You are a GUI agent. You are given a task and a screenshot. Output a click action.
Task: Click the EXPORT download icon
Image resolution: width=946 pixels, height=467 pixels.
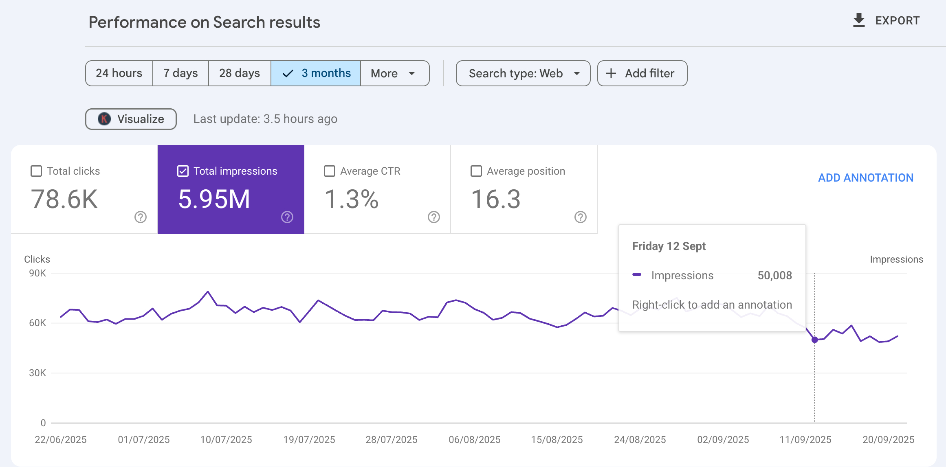tap(859, 20)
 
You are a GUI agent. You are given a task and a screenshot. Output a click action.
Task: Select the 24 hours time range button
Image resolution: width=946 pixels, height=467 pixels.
tap(119, 73)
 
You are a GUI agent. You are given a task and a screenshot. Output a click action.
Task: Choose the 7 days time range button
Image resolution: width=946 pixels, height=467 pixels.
tap(180, 73)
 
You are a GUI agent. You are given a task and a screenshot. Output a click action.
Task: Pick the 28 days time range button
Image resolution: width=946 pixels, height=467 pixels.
tap(240, 73)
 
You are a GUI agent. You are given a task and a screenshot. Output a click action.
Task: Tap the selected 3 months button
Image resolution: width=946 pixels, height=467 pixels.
tap(316, 73)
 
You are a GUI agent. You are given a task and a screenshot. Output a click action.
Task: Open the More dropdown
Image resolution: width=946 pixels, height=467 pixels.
tap(394, 73)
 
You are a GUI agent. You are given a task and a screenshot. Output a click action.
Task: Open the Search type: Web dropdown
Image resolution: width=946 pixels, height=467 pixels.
tap(523, 73)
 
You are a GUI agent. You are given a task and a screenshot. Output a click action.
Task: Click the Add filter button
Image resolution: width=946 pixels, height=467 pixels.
tap(642, 73)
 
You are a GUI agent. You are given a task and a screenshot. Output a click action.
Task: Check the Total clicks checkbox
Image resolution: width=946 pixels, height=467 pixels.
tap(36, 171)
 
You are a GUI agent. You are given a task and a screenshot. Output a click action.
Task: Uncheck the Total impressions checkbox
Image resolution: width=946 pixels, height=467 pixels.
tap(183, 171)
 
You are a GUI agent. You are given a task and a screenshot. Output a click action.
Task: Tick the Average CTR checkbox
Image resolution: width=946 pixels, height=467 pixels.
tap(330, 171)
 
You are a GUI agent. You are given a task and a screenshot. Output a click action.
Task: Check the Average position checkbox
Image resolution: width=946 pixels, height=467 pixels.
tap(476, 171)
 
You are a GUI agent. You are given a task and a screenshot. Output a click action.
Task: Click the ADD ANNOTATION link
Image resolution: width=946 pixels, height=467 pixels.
tap(866, 178)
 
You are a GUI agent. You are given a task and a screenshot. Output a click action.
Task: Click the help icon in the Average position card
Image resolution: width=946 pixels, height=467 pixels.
tap(581, 217)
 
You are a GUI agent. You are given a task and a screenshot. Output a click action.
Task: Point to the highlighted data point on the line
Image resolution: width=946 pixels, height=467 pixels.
tap(815, 340)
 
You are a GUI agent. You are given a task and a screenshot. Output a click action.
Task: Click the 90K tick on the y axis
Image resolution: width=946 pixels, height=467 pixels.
tap(37, 273)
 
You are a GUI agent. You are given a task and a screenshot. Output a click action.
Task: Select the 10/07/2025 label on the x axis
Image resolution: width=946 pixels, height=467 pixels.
tap(226, 440)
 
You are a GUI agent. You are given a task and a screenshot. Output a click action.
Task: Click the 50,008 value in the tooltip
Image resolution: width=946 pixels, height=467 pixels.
tap(774, 276)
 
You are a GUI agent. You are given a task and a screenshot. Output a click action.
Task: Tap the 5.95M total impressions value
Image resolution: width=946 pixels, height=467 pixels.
tap(214, 199)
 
